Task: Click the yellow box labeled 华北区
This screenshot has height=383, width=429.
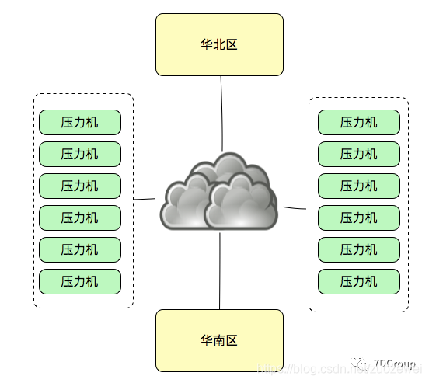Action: pyautogui.click(x=219, y=44)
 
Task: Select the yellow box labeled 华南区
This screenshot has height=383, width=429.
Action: pyautogui.click(x=219, y=340)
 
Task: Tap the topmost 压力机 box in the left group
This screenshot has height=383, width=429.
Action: pyautogui.click(x=80, y=122)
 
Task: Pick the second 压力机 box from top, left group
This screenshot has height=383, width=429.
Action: pyautogui.click(x=80, y=154)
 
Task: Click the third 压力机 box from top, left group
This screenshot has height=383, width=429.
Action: pyautogui.click(x=80, y=186)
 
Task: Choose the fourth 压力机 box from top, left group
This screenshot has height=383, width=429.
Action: pyautogui.click(x=80, y=218)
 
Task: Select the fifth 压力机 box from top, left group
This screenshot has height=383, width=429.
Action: pyautogui.click(x=80, y=249)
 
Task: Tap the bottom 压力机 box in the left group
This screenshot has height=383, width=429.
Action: pyautogui.click(x=80, y=281)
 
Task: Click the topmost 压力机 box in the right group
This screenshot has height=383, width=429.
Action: pyautogui.click(x=358, y=122)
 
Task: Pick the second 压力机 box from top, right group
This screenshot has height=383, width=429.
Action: pyautogui.click(x=358, y=154)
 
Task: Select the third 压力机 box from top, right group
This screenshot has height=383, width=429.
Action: pyautogui.click(x=358, y=186)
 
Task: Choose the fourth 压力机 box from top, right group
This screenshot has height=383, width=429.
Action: pyautogui.click(x=358, y=218)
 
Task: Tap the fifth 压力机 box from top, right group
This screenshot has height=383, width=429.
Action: pyautogui.click(x=358, y=249)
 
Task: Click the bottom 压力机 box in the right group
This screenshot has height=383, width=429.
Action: pyautogui.click(x=358, y=281)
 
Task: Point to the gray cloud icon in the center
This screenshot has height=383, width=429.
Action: pyautogui.click(x=219, y=194)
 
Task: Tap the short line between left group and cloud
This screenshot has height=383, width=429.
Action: pyautogui.click(x=145, y=199)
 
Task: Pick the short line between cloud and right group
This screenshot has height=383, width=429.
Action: pyautogui.click(x=295, y=208)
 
